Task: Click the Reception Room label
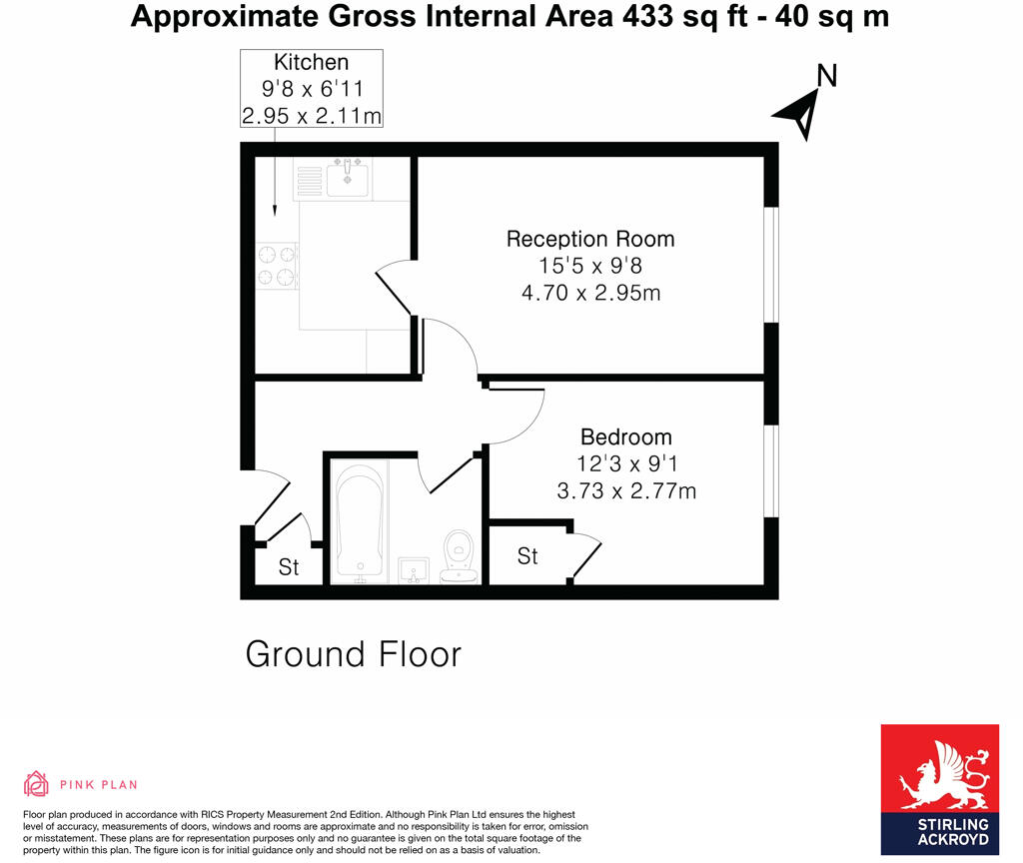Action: click(x=590, y=240)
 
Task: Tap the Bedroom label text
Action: click(x=626, y=437)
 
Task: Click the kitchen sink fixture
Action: click(x=347, y=178)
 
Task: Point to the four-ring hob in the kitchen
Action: click(x=277, y=267)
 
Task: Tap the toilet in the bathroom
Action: click(x=459, y=553)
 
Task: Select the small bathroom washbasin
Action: click(x=413, y=569)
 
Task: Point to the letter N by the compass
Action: click(x=826, y=75)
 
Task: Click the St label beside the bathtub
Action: click(x=289, y=568)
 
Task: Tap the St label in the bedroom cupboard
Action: click(x=527, y=556)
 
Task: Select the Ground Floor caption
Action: click(x=354, y=654)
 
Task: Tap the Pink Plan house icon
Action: click(x=36, y=784)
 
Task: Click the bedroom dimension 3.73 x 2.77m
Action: click(x=626, y=490)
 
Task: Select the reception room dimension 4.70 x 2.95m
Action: click(x=590, y=294)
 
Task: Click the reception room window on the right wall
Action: click(x=770, y=265)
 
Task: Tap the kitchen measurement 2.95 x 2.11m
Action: click(x=312, y=116)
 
